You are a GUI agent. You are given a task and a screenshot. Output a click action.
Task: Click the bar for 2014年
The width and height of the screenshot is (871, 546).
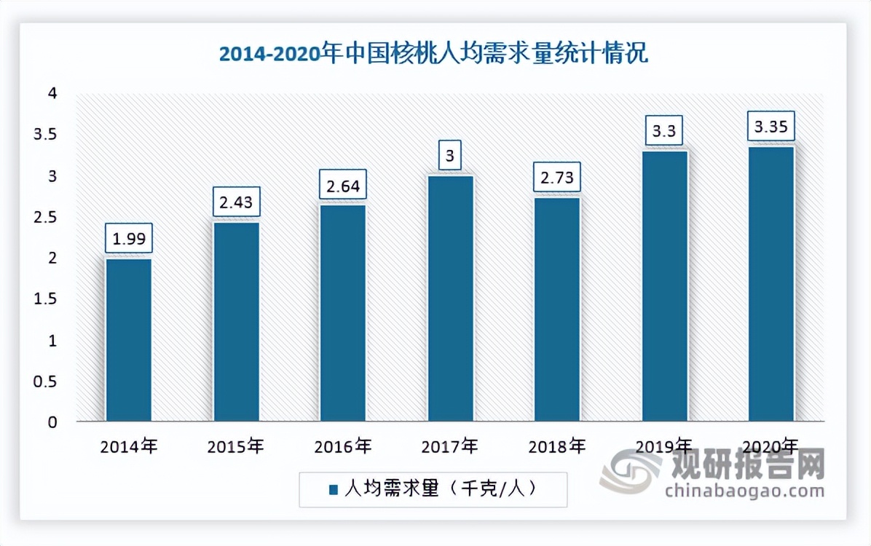coord(128,340)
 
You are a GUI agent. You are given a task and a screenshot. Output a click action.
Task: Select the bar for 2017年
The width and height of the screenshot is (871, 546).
coord(451,298)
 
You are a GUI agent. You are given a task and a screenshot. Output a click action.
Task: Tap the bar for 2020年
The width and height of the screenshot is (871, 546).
coord(771,284)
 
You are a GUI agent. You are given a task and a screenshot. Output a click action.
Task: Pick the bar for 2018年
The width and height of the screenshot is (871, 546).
coord(557,309)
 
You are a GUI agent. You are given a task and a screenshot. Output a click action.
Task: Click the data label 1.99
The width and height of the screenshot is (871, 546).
coord(128,238)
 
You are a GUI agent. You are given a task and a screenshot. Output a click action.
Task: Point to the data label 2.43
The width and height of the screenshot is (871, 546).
coord(235,202)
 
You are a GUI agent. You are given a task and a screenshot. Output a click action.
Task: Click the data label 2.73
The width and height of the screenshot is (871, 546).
coord(557,177)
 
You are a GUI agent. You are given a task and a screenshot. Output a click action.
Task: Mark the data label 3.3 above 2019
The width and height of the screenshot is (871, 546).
coord(664,132)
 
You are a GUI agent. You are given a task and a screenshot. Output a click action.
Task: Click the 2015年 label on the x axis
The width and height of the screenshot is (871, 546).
coord(235,446)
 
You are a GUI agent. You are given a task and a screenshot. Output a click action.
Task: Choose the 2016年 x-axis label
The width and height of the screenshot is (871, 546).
coord(343,446)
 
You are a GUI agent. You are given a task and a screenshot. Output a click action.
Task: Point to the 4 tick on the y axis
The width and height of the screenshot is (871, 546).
coord(52,93)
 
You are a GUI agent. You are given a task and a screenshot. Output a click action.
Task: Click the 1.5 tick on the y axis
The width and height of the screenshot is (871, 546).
coord(45,299)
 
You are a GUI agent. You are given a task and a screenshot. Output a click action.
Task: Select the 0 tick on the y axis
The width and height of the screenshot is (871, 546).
coord(52,422)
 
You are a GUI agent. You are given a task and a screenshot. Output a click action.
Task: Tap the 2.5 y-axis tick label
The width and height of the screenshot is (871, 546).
coord(45,217)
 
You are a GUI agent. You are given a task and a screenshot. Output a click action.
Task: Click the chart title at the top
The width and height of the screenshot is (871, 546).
coord(434,55)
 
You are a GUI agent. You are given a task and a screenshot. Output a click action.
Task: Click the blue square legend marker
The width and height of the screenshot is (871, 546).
coord(334,490)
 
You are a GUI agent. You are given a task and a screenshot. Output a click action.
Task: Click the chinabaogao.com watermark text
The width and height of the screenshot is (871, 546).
coord(744,490)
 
